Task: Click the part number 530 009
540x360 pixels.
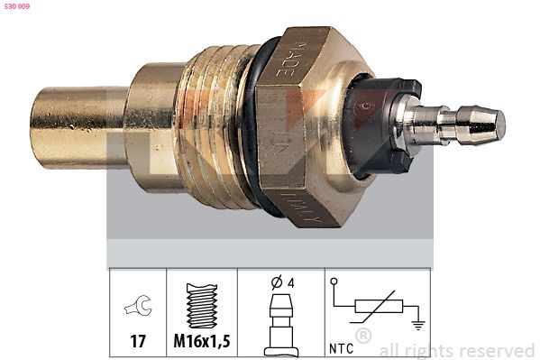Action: (x=18, y=6)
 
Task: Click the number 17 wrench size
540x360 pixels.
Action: (x=138, y=343)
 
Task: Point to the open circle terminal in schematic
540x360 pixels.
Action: (x=336, y=282)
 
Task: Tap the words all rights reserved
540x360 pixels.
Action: (x=457, y=350)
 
